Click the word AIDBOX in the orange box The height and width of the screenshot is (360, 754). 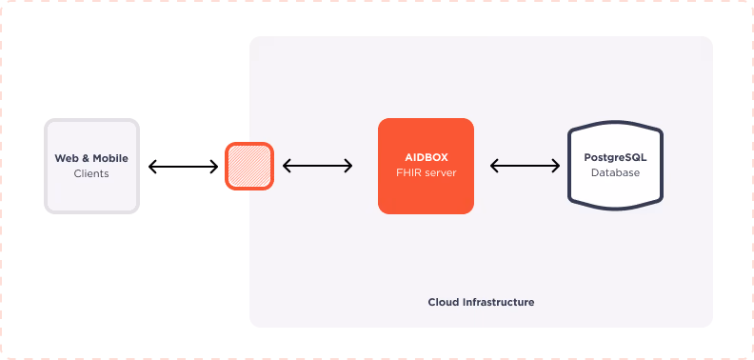[426, 157]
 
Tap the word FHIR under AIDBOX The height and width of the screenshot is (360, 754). [408, 173]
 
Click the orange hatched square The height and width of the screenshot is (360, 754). [249, 166]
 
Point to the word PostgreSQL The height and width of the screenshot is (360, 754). [615, 157]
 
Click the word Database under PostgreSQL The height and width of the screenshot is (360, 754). [615, 173]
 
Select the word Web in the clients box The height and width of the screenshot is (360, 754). [65, 158]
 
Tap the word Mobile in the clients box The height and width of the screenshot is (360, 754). [109, 158]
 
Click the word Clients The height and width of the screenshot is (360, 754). [91, 174]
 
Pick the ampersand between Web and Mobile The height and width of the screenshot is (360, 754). [83, 158]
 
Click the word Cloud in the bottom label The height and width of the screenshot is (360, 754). [444, 302]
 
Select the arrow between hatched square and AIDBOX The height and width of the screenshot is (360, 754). [318, 166]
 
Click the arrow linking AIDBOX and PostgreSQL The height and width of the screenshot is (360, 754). [526, 166]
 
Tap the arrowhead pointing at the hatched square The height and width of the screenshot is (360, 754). [286, 166]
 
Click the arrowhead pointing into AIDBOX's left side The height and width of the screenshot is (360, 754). [349, 166]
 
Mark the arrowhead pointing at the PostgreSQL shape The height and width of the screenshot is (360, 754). [557, 166]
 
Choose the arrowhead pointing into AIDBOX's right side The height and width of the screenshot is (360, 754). [493, 166]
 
